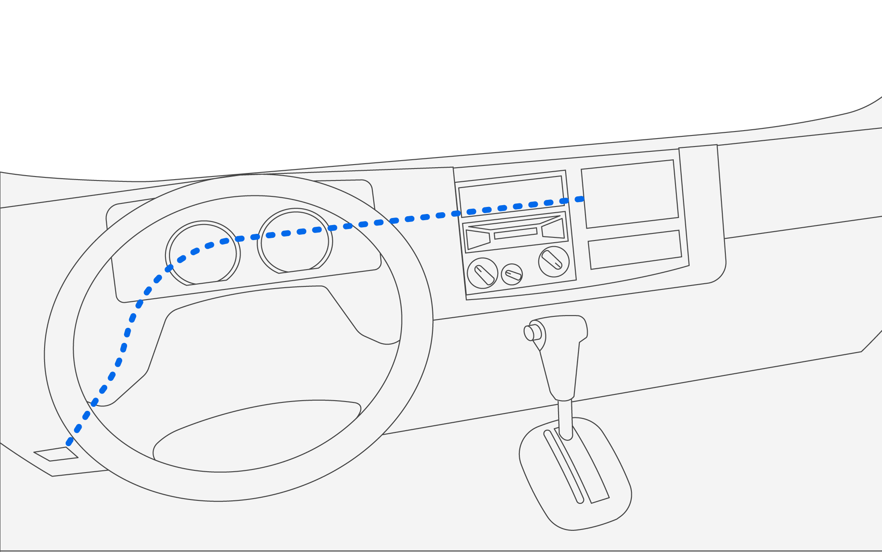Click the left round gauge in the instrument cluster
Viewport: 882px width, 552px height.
click(x=203, y=254)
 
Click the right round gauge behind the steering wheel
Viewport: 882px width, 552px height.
click(x=295, y=241)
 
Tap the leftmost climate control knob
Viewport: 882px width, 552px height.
click(x=482, y=274)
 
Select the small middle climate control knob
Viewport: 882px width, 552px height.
click(x=512, y=274)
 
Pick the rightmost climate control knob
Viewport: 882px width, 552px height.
click(x=553, y=261)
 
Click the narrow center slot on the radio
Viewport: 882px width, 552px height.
click(x=516, y=233)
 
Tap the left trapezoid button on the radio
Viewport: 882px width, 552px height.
click(x=478, y=239)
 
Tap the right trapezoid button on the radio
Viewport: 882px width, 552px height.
click(x=553, y=229)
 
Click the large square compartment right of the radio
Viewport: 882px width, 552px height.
click(x=630, y=194)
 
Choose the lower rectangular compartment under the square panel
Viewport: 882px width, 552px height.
click(x=635, y=250)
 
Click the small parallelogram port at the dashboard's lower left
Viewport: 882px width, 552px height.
click(x=56, y=454)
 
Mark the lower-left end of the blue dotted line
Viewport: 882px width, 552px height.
click(x=69, y=443)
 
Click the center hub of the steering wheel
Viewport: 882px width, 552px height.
click(x=260, y=349)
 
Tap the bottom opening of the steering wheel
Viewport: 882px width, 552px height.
click(x=256, y=437)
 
